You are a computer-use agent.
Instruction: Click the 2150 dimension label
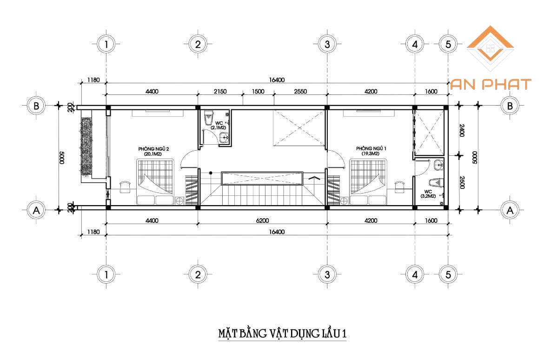coord(220,91)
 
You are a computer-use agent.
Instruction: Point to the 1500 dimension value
coord(258,91)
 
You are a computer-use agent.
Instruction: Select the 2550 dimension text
coord(300,91)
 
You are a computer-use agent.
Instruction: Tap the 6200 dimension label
coord(263,220)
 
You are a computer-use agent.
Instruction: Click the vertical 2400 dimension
coord(462,130)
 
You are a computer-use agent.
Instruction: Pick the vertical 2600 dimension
coord(462,182)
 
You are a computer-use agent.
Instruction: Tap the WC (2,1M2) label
coord(219,125)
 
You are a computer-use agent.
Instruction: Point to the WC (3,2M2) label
coord(428,193)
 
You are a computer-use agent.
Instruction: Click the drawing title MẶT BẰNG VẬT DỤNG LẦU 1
coord(282,333)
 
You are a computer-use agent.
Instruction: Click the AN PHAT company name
coord(491,85)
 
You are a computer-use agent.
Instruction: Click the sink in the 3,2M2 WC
coord(439,165)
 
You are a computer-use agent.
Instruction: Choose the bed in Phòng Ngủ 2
coord(156,182)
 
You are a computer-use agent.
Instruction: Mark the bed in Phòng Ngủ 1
coord(368,182)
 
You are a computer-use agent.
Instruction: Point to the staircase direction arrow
coord(314,178)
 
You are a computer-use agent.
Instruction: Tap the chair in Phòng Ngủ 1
coord(399,187)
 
